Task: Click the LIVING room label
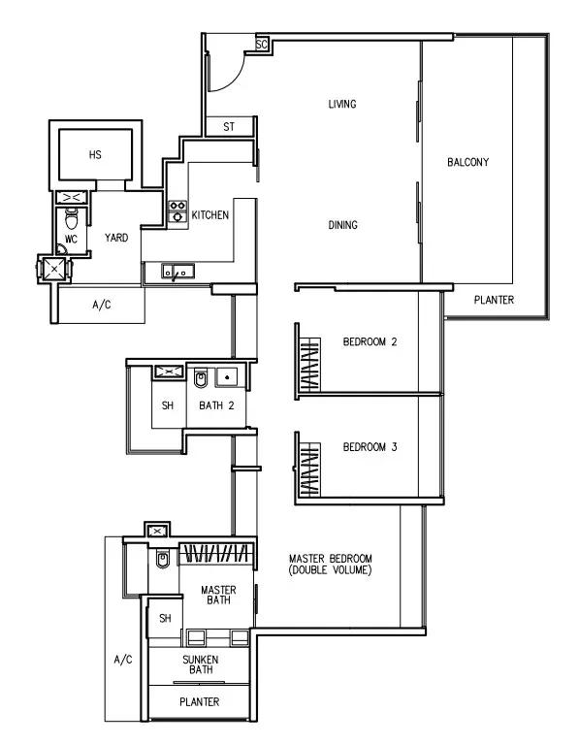[342, 104]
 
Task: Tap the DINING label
[342, 224]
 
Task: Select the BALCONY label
[467, 162]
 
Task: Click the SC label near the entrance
[262, 44]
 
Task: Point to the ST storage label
[229, 127]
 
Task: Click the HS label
[95, 154]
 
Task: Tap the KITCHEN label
[210, 215]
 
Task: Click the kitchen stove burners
[177, 211]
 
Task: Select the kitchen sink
[178, 272]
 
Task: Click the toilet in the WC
[71, 219]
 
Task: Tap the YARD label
[116, 238]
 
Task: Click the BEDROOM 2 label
[370, 341]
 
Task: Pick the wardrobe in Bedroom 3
[308, 469]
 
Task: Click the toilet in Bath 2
[201, 378]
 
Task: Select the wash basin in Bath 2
[228, 377]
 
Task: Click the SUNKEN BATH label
[201, 664]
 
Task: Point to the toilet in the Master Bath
[162, 559]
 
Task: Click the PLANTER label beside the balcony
[494, 300]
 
